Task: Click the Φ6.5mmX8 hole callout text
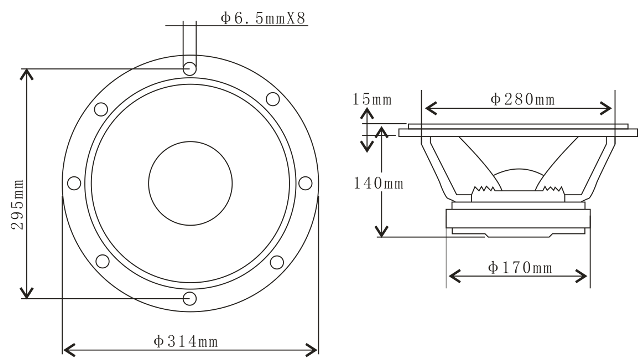pyautogui.click(x=263, y=18)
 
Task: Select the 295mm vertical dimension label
pyautogui.click(x=18, y=204)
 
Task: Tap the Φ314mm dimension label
pyautogui.click(x=186, y=341)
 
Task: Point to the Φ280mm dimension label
pyautogui.click(x=522, y=99)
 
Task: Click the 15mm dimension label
pyautogui.click(x=372, y=99)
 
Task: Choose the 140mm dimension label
pyautogui.click(x=378, y=183)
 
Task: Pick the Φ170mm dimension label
pyautogui.click(x=520, y=268)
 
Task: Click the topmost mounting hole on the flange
pyautogui.click(x=189, y=68)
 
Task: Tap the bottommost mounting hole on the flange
pyautogui.click(x=189, y=298)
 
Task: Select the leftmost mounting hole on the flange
pyautogui.click(x=74, y=183)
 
